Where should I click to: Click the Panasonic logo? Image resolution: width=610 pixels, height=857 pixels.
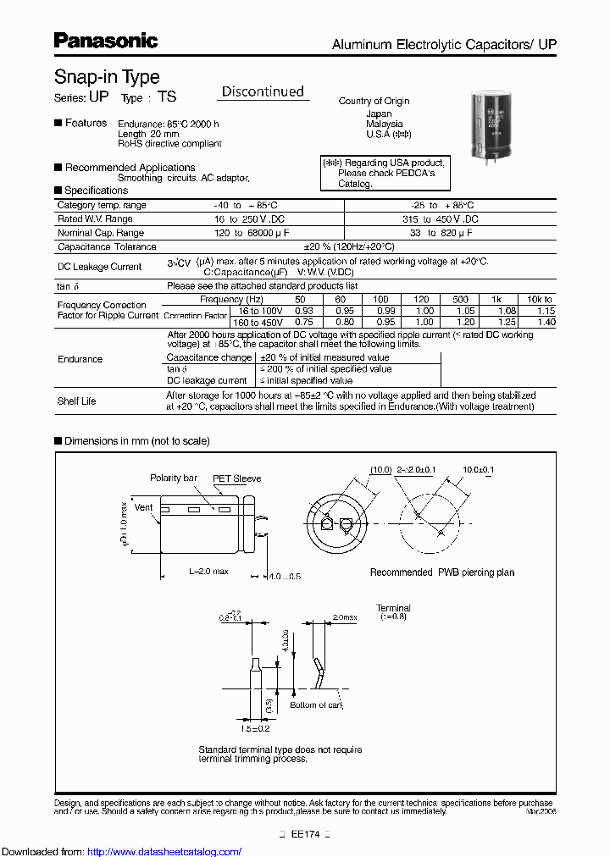106,40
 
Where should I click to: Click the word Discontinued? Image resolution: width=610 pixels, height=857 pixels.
263,91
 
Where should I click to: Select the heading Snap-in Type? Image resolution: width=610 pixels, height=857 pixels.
107,76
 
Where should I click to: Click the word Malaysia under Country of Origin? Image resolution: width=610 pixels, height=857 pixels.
384,124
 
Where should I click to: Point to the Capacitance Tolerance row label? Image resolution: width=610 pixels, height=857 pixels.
107,246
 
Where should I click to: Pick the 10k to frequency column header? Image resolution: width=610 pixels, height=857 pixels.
538,299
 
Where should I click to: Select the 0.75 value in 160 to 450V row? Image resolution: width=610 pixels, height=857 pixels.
302,322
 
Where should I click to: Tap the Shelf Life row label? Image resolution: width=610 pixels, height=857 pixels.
76,401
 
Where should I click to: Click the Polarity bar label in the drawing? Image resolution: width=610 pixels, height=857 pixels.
174,478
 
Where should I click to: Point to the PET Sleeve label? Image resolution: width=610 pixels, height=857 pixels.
236,478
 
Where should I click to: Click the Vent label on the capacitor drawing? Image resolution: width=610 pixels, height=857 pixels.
143,507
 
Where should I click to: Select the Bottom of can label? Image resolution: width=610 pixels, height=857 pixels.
315,705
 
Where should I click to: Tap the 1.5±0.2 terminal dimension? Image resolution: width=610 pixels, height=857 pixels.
254,728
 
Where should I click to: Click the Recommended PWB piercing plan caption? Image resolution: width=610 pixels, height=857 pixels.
441,572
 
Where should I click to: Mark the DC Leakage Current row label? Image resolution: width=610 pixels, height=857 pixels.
99,267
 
